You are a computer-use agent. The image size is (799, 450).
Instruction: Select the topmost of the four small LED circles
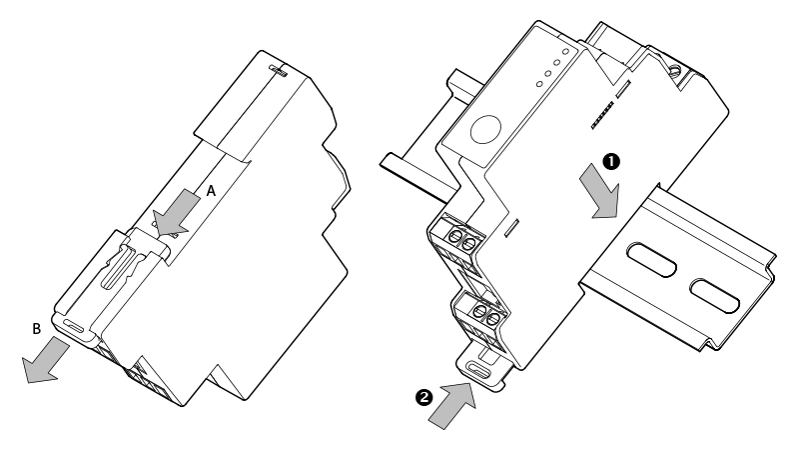(x=566, y=50)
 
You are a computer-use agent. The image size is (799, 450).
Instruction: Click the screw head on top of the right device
(x=678, y=70)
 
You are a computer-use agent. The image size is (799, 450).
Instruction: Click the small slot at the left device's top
(x=279, y=72)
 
